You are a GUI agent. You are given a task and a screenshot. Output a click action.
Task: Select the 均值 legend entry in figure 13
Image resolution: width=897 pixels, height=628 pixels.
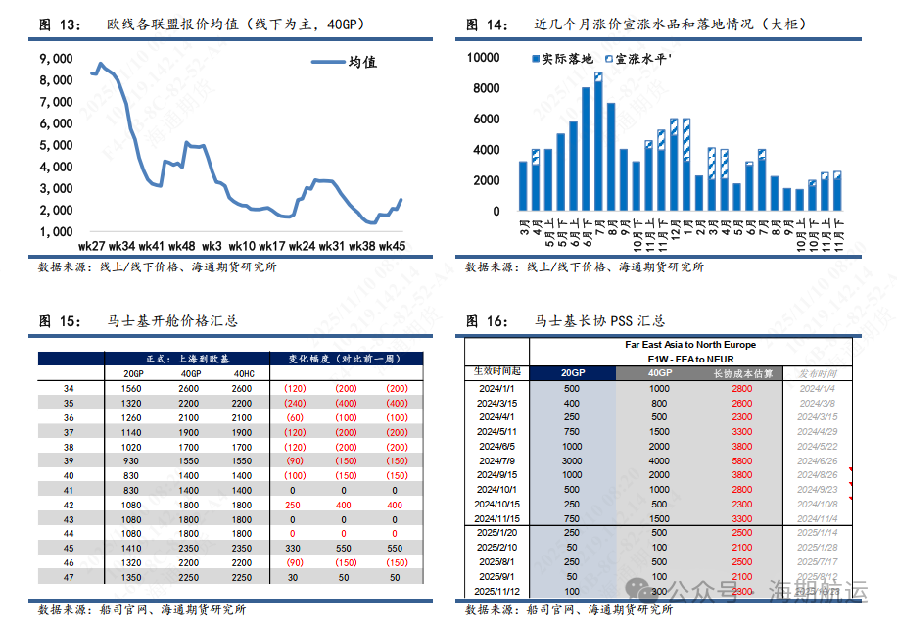click(361, 63)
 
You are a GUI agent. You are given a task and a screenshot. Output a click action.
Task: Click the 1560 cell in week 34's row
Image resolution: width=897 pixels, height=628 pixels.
click(133, 389)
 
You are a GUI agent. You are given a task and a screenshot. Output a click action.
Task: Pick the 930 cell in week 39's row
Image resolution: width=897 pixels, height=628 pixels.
click(133, 460)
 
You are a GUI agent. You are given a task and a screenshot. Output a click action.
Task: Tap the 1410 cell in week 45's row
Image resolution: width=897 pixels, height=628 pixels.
click(133, 548)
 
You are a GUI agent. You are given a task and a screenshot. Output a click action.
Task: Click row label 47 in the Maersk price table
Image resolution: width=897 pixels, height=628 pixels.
click(69, 577)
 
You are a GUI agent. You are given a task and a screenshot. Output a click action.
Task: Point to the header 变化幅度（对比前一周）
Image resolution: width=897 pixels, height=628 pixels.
click(347, 359)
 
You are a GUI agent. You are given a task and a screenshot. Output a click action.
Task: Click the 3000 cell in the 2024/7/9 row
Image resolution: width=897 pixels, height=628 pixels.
click(573, 459)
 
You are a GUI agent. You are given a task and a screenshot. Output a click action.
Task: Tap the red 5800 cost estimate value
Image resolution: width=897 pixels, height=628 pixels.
click(741, 459)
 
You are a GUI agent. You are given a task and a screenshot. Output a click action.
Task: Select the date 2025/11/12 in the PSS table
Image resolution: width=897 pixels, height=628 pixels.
click(497, 592)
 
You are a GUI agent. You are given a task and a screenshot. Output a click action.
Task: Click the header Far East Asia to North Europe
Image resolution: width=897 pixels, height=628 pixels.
click(690, 345)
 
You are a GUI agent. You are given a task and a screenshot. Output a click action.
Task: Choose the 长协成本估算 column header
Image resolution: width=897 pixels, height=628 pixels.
click(742, 373)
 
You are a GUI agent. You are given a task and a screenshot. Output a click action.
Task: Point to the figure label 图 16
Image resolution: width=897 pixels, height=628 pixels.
click(484, 320)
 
